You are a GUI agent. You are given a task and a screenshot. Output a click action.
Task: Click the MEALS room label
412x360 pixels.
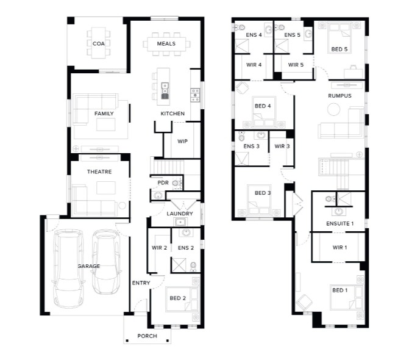pyautogui.click(x=166, y=44)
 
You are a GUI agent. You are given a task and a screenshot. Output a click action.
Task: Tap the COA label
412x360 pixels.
pyautogui.click(x=99, y=44)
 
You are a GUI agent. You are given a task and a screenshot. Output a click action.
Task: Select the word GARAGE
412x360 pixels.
pyautogui.click(x=89, y=266)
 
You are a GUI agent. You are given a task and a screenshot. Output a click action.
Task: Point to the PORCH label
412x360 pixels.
pyautogui.click(x=147, y=336)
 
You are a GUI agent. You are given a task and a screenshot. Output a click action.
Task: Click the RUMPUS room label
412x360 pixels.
pyautogui.click(x=339, y=96)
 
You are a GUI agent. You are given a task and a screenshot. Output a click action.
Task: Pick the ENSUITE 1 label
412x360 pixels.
pyautogui.click(x=339, y=223)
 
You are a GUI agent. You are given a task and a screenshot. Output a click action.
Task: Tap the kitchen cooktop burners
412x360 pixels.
pyautogui.click(x=195, y=95)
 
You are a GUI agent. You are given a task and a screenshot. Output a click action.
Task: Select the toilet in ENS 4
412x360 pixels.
pyautogui.click(x=240, y=27)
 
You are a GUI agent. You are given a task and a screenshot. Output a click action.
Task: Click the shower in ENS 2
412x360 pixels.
pyautogui.click(x=179, y=265)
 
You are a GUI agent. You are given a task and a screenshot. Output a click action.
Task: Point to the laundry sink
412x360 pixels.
pyautogui.click(x=180, y=222)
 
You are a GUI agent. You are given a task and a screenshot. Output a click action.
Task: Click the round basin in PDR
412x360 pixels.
pyautogui.click(x=158, y=195)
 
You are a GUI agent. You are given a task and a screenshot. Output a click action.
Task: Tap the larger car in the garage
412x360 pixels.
pyautogui.click(x=69, y=268)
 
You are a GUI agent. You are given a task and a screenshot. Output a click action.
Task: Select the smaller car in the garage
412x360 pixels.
pyautogui.click(x=107, y=262)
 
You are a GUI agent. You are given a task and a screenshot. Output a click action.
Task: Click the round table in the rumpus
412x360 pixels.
pyautogui.click(x=334, y=109)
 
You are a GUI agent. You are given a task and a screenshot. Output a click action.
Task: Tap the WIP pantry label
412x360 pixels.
pyautogui.click(x=182, y=142)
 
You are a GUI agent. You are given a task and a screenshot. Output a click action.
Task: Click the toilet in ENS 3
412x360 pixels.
pyautogui.click(x=241, y=137)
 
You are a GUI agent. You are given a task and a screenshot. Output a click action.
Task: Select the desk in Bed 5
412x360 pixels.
pyautogui.click(x=353, y=73)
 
